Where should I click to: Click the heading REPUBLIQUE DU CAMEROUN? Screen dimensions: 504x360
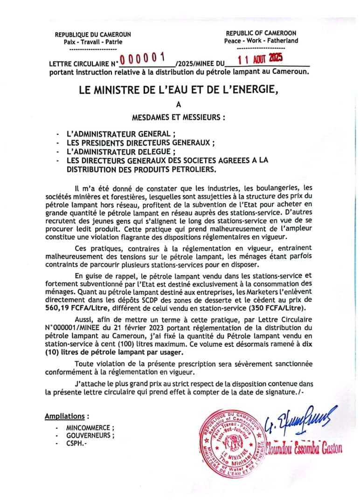93,35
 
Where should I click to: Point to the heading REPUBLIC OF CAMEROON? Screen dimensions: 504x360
261,33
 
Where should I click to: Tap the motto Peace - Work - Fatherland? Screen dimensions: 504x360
261,41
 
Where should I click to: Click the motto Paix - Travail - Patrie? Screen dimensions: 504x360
93,42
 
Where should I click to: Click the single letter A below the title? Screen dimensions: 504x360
179,105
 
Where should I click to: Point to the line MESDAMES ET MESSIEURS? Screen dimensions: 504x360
179,118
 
